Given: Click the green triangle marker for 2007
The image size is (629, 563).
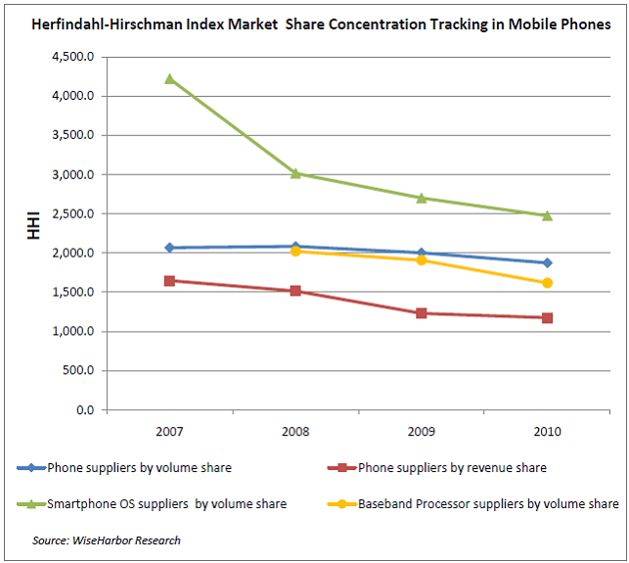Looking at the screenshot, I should tap(169, 78).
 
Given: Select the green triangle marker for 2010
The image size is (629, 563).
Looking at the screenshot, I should tap(547, 214).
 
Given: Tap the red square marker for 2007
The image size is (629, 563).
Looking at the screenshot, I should tap(169, 280).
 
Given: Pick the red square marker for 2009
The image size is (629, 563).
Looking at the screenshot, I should tap(422, 313).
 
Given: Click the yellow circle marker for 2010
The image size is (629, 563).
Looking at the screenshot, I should tap(547, 283).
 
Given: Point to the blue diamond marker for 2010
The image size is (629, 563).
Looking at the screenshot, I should tap(547, 262).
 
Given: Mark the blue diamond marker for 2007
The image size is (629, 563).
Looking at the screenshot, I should tap(169, 248).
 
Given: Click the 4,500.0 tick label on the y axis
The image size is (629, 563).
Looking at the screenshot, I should tap(72, 57).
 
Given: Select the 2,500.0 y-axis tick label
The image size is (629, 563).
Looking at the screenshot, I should tap(72, 213).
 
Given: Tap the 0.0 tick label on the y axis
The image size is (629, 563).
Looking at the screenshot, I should tap(83, 409).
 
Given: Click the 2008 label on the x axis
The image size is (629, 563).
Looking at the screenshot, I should tap(295, 431).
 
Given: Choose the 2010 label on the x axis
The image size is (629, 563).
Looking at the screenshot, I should tap(547, 431).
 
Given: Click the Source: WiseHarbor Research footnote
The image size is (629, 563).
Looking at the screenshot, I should tap(107, 540).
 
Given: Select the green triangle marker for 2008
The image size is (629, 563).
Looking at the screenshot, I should tap(295, 173).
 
